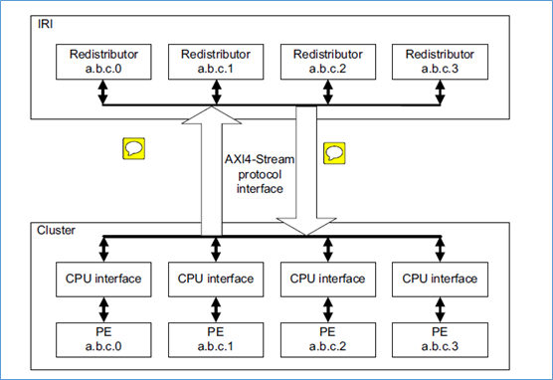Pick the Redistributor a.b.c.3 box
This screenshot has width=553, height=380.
[x=437, y=63]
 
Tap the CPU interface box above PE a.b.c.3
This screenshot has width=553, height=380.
[x=437, y=279]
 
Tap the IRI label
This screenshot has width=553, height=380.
[x=45, y=22]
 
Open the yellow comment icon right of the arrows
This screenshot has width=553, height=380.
[x=335, y=153]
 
